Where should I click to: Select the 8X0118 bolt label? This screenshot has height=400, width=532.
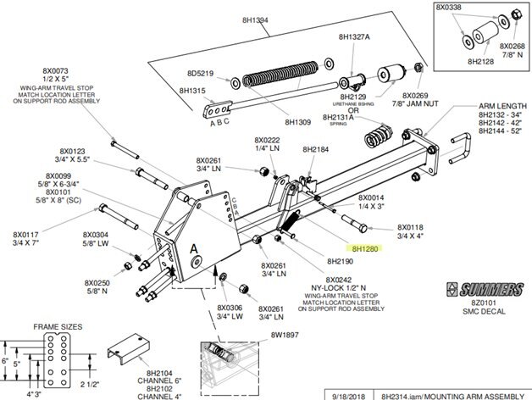411,229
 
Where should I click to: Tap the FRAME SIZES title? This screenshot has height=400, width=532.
56,326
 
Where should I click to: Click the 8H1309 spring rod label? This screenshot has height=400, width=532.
299,122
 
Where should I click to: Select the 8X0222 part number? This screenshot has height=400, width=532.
267,139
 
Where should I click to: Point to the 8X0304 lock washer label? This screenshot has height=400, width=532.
95,234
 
